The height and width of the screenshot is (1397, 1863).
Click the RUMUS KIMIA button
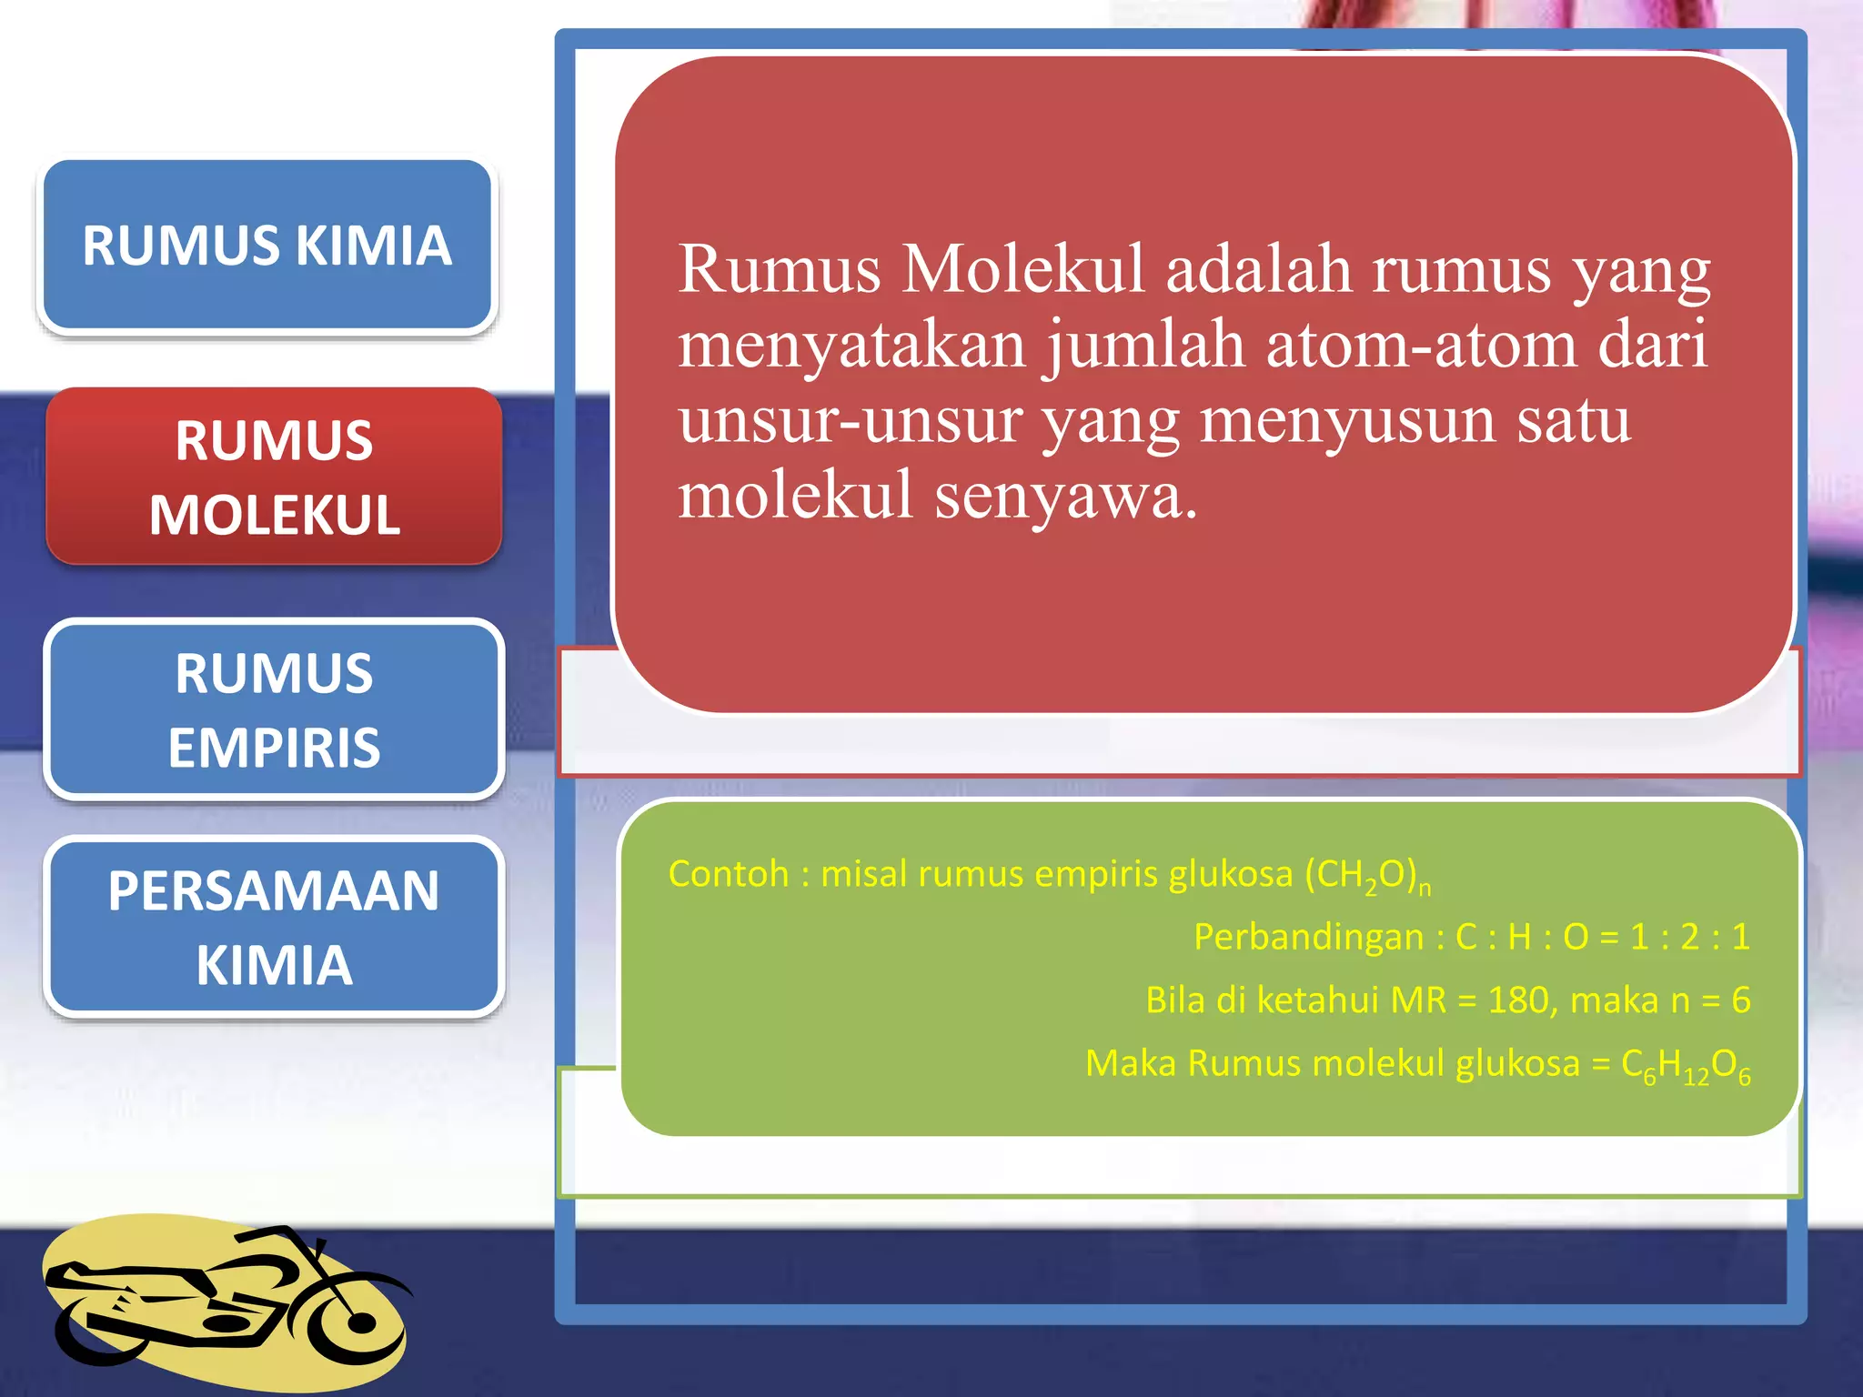pos(267,245)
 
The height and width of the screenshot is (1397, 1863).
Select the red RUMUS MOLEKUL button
pos(274,477)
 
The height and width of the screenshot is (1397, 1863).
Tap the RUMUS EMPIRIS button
pos(274,709)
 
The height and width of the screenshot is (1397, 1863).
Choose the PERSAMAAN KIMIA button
pos(274,926)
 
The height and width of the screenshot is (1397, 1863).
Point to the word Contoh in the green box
pos(728,874)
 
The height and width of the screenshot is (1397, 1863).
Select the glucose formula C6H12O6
pos(1686,1065)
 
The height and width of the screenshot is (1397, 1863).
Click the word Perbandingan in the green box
pos(1308,937)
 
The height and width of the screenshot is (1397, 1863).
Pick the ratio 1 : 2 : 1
pos(1689,937)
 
